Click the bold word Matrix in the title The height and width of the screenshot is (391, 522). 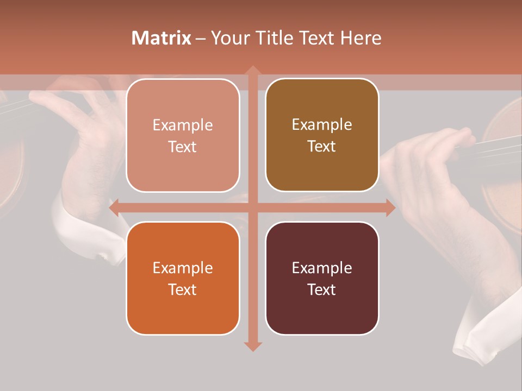(161, 38)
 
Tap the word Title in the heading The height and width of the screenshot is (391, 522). (277, 38)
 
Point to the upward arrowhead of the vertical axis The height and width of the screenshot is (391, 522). (252, 70)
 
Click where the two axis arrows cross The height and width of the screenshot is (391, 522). (252, 208)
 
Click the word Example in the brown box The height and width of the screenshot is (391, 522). (322, 125)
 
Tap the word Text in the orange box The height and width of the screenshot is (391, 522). (182, 289)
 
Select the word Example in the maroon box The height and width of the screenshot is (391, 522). (322, 268)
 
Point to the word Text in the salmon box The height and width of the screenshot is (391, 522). (182, 147)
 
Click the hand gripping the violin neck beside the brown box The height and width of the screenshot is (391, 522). (430, 157)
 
